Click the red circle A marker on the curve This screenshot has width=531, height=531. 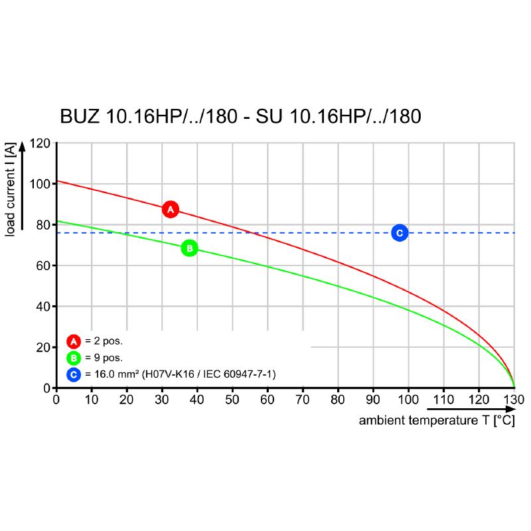pos(171,209)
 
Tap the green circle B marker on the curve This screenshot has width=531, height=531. pos(189,248)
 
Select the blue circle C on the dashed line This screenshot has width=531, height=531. pos(399,232)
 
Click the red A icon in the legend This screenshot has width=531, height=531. pos(74,342)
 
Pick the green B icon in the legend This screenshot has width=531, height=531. pos(74,358)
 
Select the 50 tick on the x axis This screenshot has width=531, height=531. pos(232,400)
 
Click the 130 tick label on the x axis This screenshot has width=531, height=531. pos(514,400)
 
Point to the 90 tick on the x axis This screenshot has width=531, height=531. pos(373,400)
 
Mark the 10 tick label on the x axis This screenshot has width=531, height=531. pos(91,400)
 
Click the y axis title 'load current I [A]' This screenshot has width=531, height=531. pos(11,189)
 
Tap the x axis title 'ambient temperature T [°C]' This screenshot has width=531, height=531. pos(437,421)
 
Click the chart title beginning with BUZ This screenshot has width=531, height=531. pos(240,117)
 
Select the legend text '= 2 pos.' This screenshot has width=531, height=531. pos(104,342)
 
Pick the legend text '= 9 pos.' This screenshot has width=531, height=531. pos(104,358)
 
